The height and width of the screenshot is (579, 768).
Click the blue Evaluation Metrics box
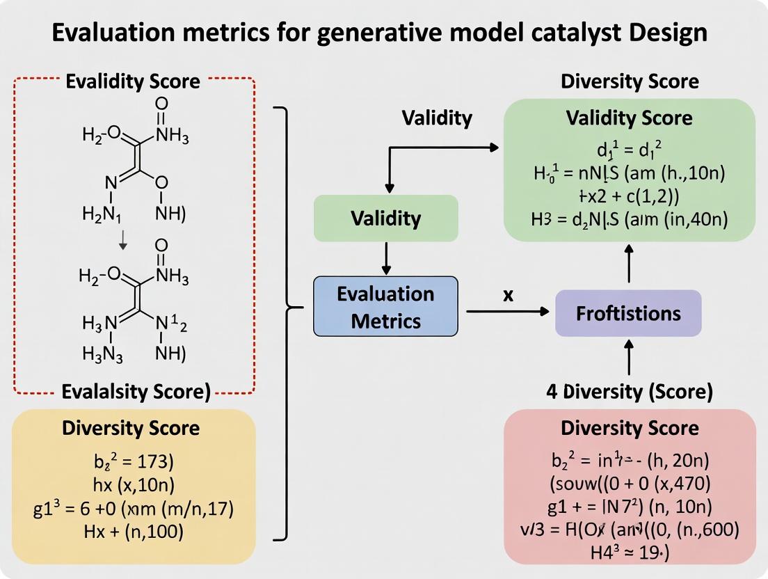[385, 307]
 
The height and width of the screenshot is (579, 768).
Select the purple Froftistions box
[628, 313]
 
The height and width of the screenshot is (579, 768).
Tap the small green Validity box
[385, 219]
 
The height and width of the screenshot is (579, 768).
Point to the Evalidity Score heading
[132, 81]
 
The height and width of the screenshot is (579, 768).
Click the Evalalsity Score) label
[136, 392]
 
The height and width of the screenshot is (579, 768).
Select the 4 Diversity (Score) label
[629, 392]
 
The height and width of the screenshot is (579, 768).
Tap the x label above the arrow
[508, 295]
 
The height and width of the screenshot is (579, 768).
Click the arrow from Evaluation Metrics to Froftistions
[507, 312]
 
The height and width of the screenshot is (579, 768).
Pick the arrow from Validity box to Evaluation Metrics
[386, 259]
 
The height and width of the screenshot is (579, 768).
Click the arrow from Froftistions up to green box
[629, 265]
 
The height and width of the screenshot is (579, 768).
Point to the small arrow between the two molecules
[123, 239]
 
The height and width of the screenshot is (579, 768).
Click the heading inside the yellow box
[131, 428]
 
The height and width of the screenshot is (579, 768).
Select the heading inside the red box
[630, 427]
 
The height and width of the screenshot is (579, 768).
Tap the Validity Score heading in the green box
[629, 118]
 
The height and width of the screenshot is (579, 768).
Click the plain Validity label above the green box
[437, 118]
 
